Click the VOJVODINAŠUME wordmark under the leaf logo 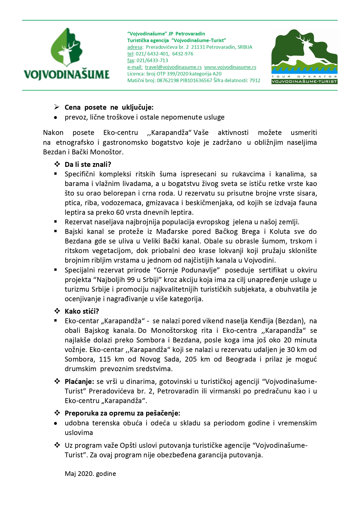click(66, 75)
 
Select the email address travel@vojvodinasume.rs click(173, 67)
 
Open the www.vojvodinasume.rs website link click(230, 67)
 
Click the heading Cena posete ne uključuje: click(109, 107)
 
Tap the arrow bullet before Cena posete click(57, 107)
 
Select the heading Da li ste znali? click(88, 165)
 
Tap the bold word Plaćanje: click(79, 382)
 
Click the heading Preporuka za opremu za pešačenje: click(122, 413)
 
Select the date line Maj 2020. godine click(90, 474)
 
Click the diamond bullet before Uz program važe click(57, 445)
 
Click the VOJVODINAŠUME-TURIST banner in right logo click(304, 82)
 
